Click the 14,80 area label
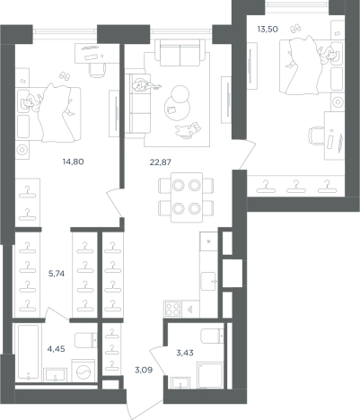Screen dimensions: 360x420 click(x=73, y=162)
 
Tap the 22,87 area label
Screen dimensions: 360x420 click(x=161, y=162)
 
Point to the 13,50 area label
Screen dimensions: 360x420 click(x=268, y=30)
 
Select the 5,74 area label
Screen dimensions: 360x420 click(x=57, y=274)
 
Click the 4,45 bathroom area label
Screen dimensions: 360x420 click(x=57, y=349)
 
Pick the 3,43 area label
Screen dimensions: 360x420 click(x=185, y=353)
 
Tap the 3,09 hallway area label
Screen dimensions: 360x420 click(x=144, y=370)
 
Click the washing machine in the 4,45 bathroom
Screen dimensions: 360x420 click(x=83, y=371)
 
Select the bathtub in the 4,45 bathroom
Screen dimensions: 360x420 click(x=29, y=353)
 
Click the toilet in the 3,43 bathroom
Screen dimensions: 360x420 click(x=212, y=336)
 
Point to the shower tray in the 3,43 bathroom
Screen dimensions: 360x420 click(x=210, y=375)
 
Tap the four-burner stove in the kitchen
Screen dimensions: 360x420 click(x=172, y=309)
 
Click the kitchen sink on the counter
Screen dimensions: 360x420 click(x=208, y=281)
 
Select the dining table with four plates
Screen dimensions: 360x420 click(x=187, y=197)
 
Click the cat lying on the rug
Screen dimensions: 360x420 click(x=189, y=130)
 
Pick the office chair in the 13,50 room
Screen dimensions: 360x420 click(x=317, y=136)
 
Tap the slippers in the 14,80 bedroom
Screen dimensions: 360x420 click(x=64, y=75)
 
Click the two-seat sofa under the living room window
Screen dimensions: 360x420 click(x=180, y=53)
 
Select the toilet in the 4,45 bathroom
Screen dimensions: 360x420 click(x=86, y=340)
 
